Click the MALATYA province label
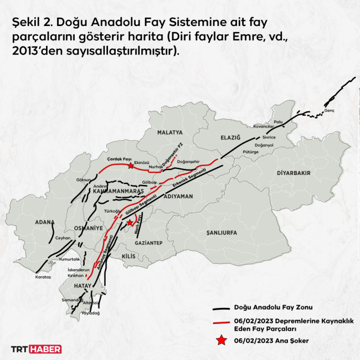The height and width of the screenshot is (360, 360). (x=169, y=133)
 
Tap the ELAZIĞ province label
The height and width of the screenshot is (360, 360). (x=230, y=137)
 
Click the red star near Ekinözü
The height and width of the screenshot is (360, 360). (x=130, y=166)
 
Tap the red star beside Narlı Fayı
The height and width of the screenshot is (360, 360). (x=130, y=223)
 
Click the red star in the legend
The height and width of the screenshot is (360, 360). (x=222, y=340)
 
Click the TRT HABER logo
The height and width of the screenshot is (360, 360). (x=37, y=349)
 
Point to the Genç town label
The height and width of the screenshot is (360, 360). (x=330, y=111)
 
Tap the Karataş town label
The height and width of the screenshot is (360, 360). (x=43, y=276)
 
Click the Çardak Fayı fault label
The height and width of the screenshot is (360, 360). (x=117, y=158)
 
